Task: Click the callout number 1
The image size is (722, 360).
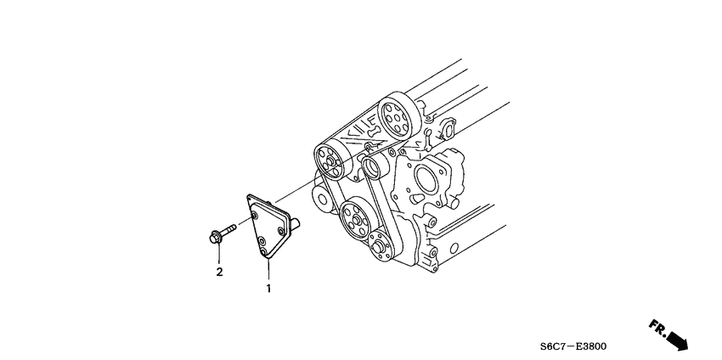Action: tap(269, 289)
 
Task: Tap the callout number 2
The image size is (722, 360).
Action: tap(219, 272)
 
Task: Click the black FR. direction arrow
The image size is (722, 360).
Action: tap(676, 338)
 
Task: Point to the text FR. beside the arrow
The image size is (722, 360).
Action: tap(657, 325)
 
